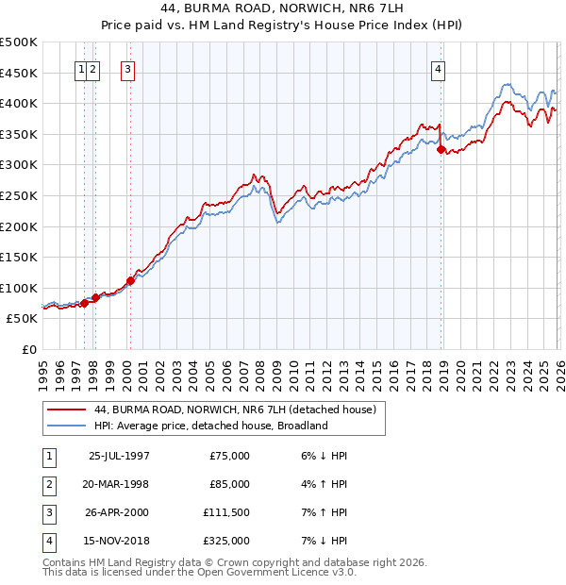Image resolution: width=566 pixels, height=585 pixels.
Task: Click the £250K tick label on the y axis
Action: pyautogui.click(x=19, y=195)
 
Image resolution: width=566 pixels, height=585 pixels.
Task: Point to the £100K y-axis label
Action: pyautogui.click(x=19, y=288)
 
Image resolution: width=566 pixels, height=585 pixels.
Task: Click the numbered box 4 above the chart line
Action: pyautogui.click(x=440, y=68)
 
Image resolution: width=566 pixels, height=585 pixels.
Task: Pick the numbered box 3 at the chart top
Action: pyautogui.click(x=126, y=68)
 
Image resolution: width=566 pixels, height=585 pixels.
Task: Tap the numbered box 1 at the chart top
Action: pyautogui.click(x=82, y=68)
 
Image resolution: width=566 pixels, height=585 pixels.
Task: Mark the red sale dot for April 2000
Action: pyautogui.click(x=130, y=280)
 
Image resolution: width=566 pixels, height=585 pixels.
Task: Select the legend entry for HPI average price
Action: pyautogui.click(x=210, y=426)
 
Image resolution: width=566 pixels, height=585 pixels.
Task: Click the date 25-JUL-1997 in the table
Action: pyautogui.click(x=119, y=456)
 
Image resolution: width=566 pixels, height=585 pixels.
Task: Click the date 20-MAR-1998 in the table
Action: pyautogui.click(x=119, y=484)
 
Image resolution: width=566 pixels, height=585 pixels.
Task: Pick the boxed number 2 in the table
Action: pyautogui.click(x=48, y=484)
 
